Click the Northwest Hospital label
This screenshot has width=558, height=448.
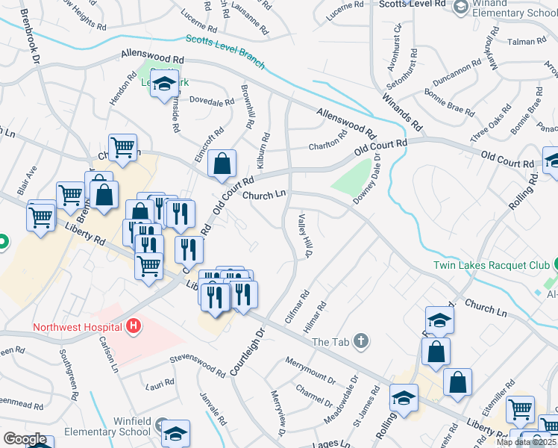[x=78, y=327]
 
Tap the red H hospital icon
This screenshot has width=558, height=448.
[x=134, y=326]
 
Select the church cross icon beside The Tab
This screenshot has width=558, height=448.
[x=361, y=341]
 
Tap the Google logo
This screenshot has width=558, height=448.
[x=25, y=439]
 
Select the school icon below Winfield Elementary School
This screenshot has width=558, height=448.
[x=175, y=434]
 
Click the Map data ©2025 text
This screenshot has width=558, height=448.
[x=527, y=442]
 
